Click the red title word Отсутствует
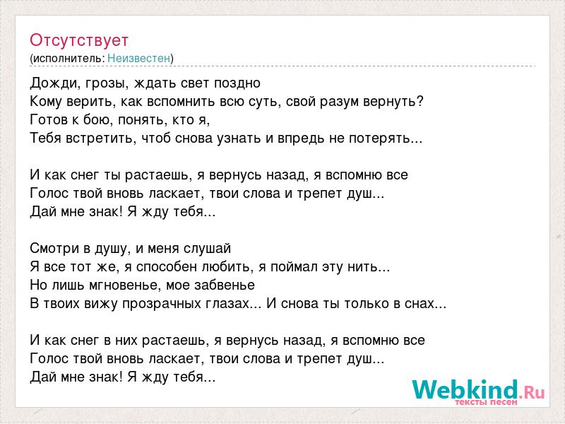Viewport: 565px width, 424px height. (79, 40)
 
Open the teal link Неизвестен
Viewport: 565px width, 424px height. (138, 58)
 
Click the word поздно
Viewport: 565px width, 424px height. (237, 83)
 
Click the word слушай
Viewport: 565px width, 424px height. (207, 249)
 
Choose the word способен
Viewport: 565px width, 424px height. (166, 267)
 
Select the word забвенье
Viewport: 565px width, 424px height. (225, 285)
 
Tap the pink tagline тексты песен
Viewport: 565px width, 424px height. (486, 401)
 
